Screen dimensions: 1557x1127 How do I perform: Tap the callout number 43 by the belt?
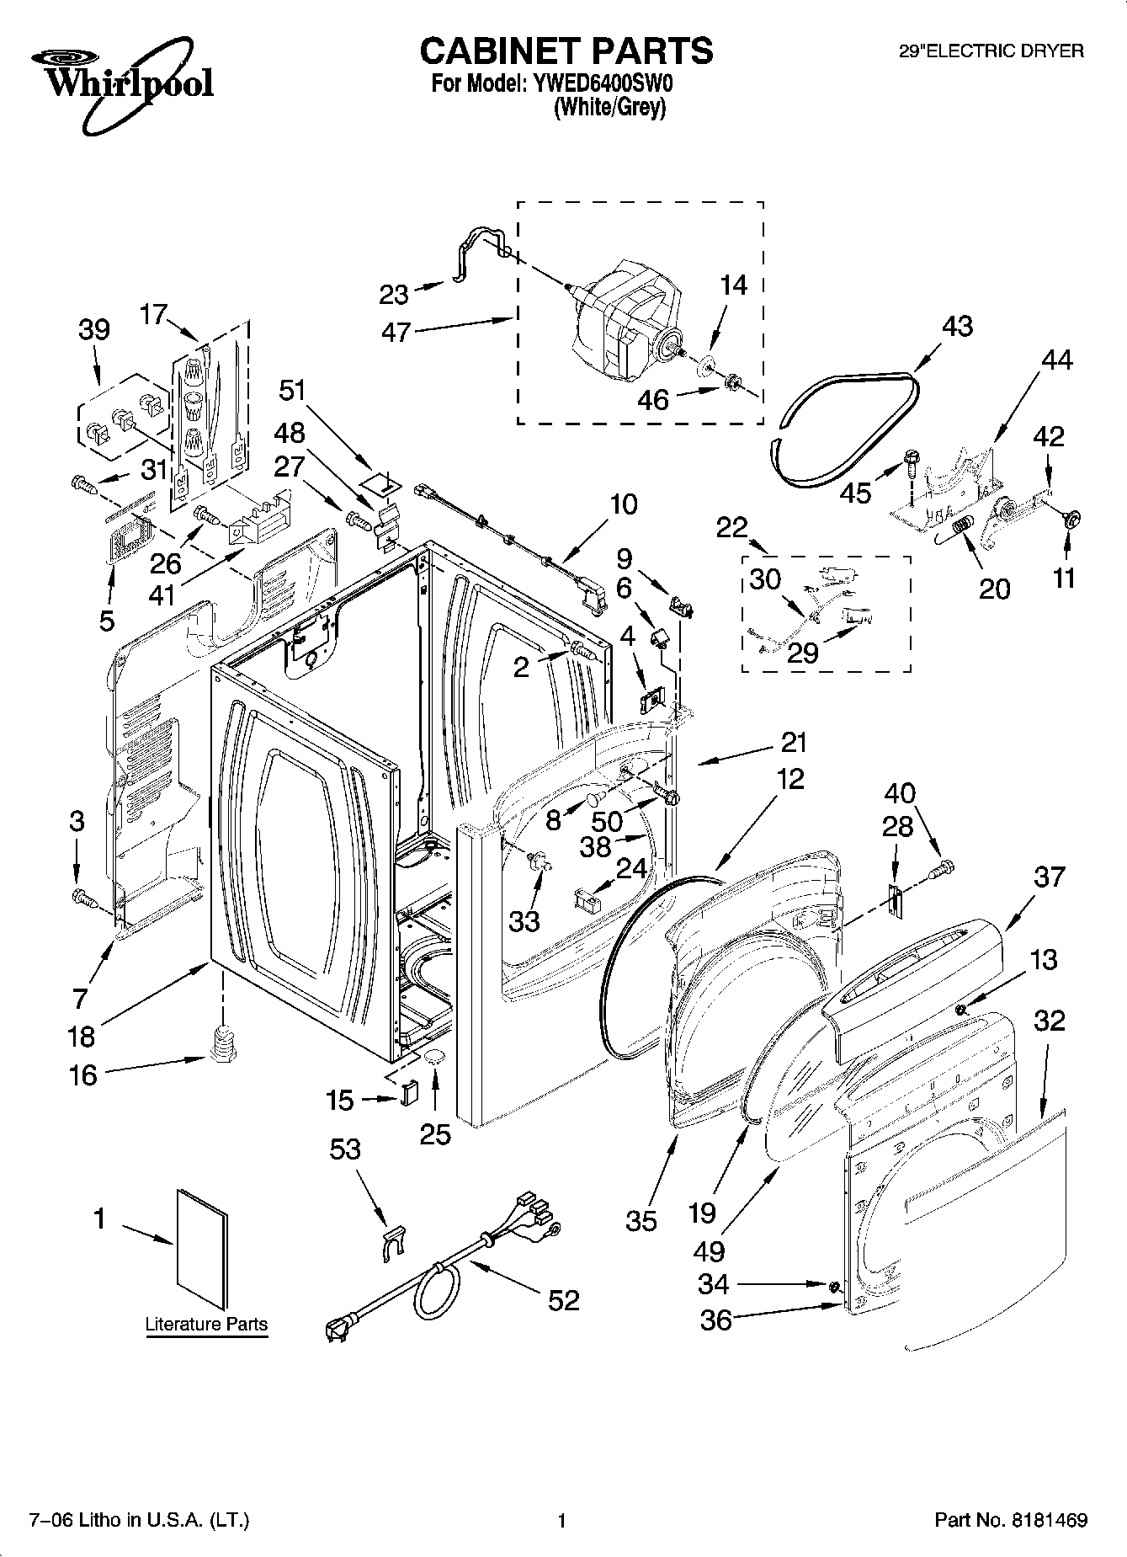(x=957, y=327)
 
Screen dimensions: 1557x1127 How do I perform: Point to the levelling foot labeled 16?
(x=221, y=1047)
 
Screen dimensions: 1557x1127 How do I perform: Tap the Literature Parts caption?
(x=206, y=1324)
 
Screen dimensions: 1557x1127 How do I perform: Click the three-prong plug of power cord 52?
(x=338, y=1329)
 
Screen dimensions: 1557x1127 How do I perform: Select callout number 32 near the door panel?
(x=1049, y=1021)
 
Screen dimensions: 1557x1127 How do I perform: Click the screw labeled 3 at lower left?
(x=82, y=897)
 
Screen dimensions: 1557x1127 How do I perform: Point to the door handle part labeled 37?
(x=917, y=960)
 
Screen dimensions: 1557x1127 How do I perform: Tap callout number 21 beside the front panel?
(x=794, y=743)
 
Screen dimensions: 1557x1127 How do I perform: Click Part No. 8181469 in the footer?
(x=1011, y=1521)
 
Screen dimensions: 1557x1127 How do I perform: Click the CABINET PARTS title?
(x=566, y=51)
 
